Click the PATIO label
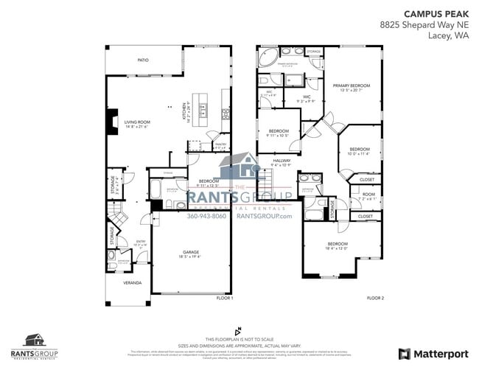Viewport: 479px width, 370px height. point(144,60)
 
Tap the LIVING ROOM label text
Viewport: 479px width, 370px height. point(136,122)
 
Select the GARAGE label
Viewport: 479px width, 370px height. point(191,252)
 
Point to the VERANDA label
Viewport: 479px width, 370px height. point(132,282)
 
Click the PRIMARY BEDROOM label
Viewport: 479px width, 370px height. point(350,86)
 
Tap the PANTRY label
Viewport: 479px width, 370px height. point(220,145)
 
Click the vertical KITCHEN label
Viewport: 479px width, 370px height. point(184,111)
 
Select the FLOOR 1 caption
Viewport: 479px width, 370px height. point(224,298)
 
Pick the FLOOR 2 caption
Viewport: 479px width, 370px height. point(375,298)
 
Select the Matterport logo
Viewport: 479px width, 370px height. point(433,353)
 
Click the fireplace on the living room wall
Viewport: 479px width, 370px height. point(111,122)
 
